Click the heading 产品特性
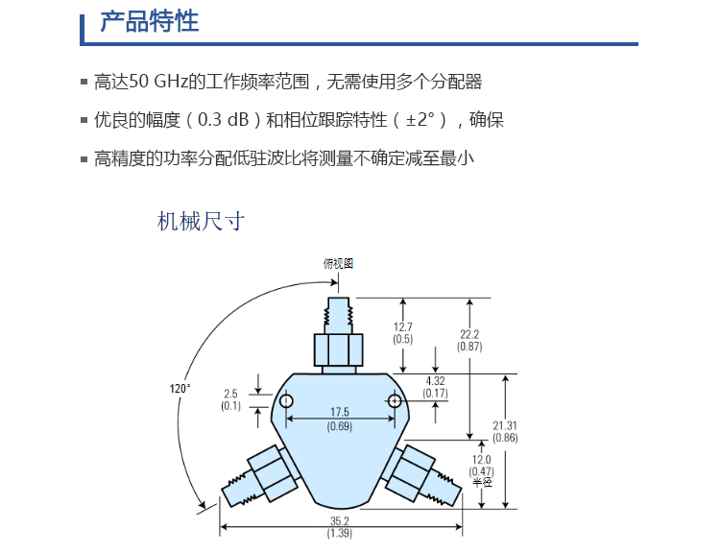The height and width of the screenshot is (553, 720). point(149,21)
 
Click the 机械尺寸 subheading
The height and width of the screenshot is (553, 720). point(201,222)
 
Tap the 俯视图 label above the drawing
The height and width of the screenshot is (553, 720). point(338,264)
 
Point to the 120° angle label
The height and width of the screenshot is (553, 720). point(180,389)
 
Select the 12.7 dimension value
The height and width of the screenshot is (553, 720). point(402,327)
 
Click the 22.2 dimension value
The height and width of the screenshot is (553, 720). point(469,334)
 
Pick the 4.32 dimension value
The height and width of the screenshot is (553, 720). point(435,381)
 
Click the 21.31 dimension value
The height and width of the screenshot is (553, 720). point(505,425)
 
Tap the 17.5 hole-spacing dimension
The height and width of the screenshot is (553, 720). point(340,412)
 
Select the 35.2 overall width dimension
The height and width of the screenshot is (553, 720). point(340,521)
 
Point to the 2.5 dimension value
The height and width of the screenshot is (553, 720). point(230,394)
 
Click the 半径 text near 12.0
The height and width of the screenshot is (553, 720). point(482,482)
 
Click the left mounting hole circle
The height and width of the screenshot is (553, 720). point(286,401)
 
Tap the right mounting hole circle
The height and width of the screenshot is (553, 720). point(395,401)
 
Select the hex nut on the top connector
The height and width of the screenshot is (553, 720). point(339,350)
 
